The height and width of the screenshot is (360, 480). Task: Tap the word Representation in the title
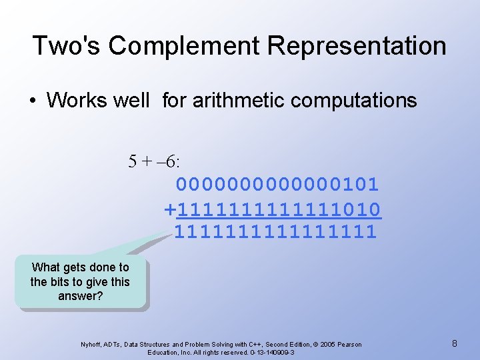coord(357,46)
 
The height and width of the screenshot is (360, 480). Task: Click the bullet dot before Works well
coord(33,101)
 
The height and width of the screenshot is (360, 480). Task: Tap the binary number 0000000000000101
coord(277,184)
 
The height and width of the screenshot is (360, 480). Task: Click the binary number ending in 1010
coord(279,209)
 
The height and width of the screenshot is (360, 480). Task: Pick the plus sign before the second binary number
coord(170,209)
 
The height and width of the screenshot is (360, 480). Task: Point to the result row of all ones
coord(275,233)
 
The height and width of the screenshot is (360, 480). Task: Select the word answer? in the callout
coord(81,295)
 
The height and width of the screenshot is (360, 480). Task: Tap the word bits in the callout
coord(65,281)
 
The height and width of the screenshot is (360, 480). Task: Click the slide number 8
coord(454,343)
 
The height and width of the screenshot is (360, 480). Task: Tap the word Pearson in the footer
coord(349,345)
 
